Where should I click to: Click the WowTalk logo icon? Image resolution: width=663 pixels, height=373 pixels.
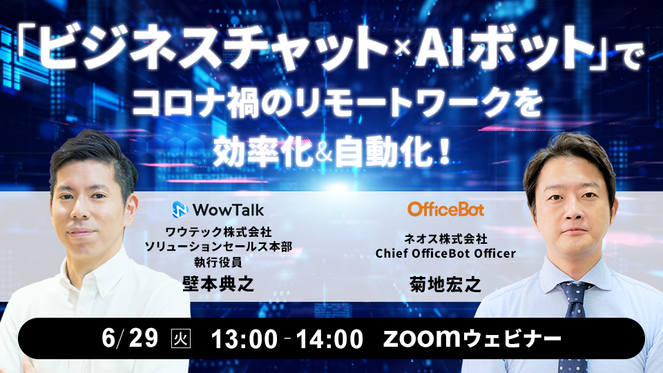click(179, 209)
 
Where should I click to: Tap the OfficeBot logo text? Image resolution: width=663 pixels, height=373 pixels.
click(445, 209)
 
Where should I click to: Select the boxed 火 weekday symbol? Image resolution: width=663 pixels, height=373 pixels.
click(178, 339)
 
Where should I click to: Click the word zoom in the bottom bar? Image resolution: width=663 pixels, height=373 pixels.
click(419, 338)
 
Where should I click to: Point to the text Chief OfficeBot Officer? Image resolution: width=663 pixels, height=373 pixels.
click(445, 254)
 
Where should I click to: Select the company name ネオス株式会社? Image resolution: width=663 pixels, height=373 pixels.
click(445, 238)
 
